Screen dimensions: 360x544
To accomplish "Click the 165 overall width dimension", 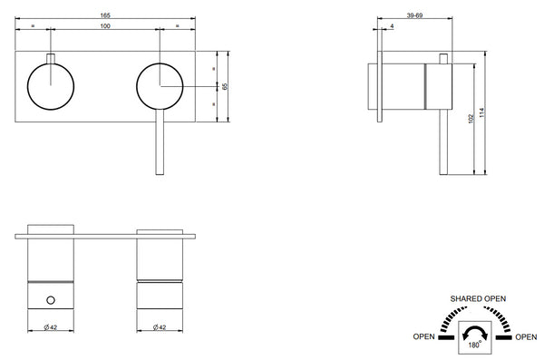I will pyautogui.click(x=105, y=15).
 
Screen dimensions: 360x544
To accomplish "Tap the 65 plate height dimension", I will pyautogui.click(x=224, y=87).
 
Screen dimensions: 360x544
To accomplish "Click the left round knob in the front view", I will pyautogui.click(x=51, y=86).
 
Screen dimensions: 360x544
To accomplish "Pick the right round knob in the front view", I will pyautogui.click(x=160, y=86).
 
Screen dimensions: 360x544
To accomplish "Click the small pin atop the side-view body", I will pyautogui.click(x=443, y=59).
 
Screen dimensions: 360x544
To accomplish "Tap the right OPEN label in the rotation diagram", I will pyautogui.click(x=526, y=336).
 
